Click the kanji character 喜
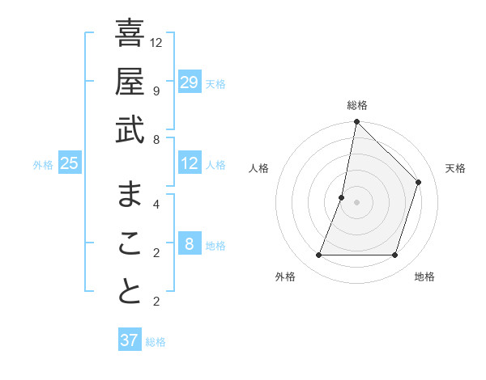coord(130,33)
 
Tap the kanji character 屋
coord(130,82)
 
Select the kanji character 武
coord(130,130)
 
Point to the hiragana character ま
coord(130,194)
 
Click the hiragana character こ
coord(130,243)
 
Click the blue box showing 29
coord(190,82)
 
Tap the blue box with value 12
coord(190,164)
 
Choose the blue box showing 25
coord(70,164)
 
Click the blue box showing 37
coord(130,340)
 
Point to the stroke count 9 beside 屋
coord(156,91)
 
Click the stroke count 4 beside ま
coord(156,203)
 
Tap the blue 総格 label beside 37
coord(156,342)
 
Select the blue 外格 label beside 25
coord(43,165)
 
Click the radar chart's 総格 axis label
coord(357,105)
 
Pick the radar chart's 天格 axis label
coord(455,168)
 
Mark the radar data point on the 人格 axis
coord(342,197)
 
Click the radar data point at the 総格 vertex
coord(356,122)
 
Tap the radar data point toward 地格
coord(395,255)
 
